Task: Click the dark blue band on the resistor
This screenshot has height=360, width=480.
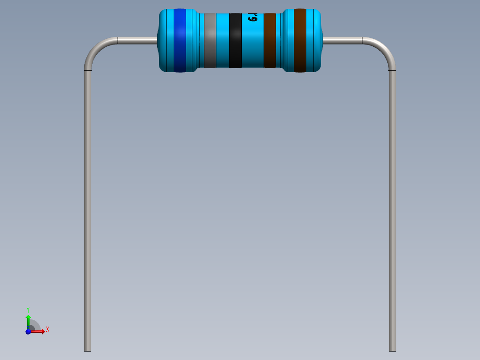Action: (179, 40)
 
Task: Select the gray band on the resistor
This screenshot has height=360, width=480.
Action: (210, 40)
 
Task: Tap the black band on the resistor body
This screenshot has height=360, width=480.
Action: (235, 40)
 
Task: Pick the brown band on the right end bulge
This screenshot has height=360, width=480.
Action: (300, 40)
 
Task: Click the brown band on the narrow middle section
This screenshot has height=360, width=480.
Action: (270, 40)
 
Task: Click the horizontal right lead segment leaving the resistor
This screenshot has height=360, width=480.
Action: (342, 41)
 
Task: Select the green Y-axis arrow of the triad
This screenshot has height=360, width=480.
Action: (28, 320)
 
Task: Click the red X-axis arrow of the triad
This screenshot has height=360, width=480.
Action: (39, 331)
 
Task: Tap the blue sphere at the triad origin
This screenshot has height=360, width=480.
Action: (28, 331)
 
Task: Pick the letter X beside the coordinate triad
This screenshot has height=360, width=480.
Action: (47, 330)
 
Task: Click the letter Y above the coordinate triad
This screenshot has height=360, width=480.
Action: (28, 309)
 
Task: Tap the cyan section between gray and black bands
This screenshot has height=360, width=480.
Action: (222, 40)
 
